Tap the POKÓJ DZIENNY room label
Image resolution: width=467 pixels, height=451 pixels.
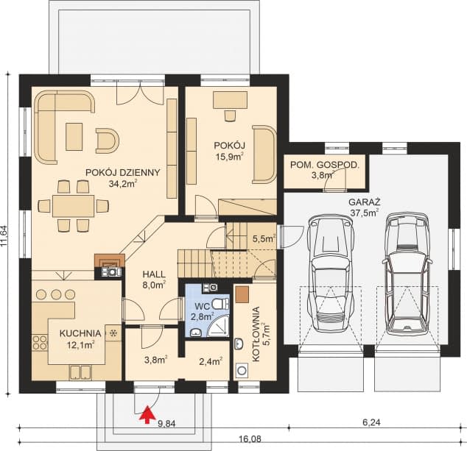pos(123,173)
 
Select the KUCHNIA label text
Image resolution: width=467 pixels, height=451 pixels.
pos(80,333)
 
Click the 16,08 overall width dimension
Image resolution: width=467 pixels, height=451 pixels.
pos(250,438)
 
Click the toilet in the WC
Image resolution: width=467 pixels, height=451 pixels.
pos(221,304)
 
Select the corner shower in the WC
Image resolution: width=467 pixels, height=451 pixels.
pos(219,327)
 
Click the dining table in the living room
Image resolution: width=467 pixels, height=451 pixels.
pos(73,206)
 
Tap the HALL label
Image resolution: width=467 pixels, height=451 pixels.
pos(154,274)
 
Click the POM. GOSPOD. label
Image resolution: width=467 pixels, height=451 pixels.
pos(325,165)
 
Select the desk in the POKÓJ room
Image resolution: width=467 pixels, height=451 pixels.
pos(231,100)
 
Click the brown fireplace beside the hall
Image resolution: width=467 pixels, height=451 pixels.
pos(109,260)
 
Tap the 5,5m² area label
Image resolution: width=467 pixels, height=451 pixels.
pos(264,238)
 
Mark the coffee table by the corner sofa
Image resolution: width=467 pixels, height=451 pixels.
pos(74,137)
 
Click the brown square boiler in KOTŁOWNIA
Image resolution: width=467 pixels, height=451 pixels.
pos(242,294)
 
